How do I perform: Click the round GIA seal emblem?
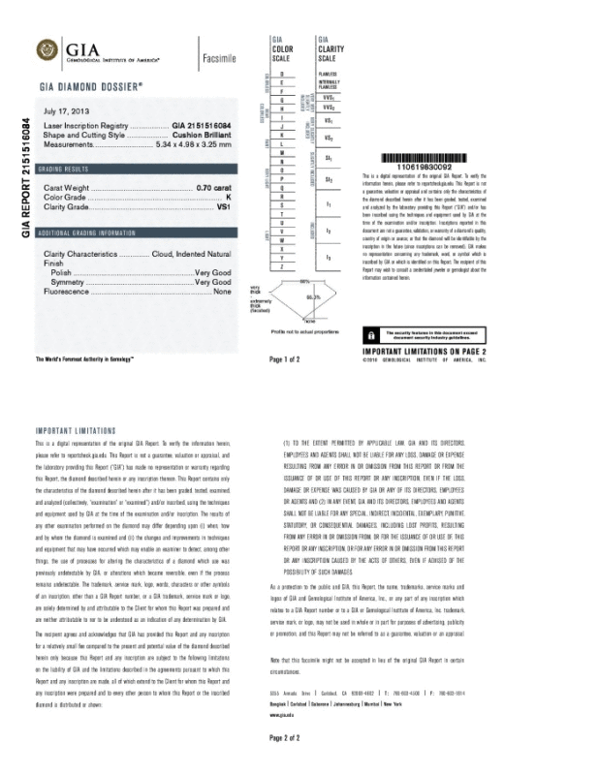coord(46,49)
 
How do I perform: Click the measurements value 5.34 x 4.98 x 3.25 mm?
coord(195,144)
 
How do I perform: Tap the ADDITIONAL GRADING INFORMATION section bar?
coord(135,233)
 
